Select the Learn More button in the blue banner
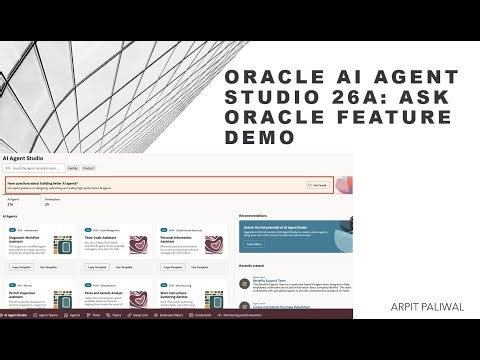(254, 243)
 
